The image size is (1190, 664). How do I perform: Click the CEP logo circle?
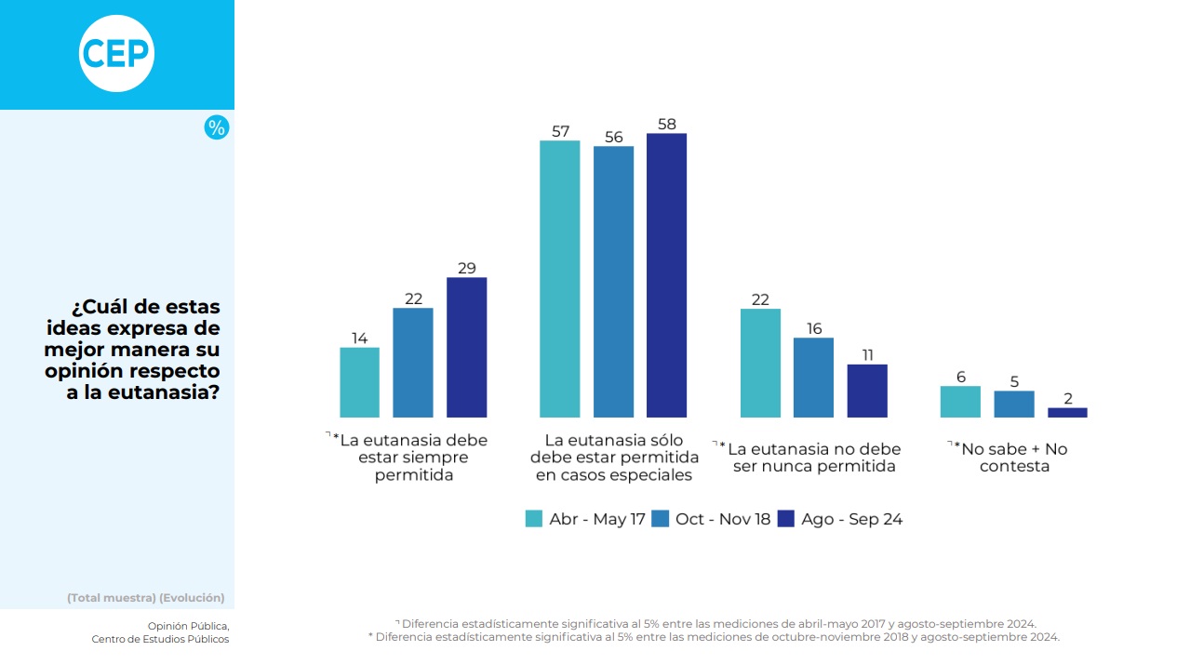point(116,54)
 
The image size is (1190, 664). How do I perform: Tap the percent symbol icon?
point(216,128)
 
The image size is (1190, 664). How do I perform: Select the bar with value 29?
point(466,347)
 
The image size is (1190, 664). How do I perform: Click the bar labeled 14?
point(359,382)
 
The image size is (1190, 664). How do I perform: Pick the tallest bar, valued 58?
point(666,275)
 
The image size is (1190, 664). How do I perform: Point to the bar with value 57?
point(559,279)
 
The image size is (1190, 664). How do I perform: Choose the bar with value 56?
point(613,282)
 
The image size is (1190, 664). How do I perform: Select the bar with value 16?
point(813,378)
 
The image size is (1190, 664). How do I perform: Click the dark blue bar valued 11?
point(867,391)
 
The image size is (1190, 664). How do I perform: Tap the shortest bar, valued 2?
point(1067,412)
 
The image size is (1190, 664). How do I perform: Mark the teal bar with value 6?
point(960,402)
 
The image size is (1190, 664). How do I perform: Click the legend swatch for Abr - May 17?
point(534,519)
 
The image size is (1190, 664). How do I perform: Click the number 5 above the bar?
point(1014,380)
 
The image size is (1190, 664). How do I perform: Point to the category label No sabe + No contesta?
point(1014,458)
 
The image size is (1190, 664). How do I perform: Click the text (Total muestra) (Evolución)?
point(145,598)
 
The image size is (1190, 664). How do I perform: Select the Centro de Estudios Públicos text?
point(160,639)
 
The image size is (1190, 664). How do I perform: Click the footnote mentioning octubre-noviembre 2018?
point(714,637)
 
